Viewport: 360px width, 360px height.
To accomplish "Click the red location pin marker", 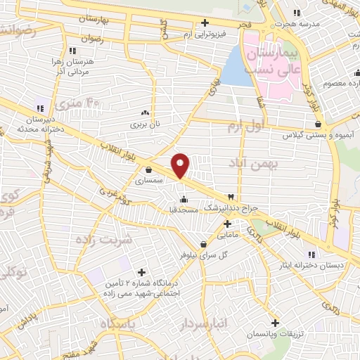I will tap(181, 165).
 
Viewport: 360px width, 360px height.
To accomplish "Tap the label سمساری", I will tap(149, 181).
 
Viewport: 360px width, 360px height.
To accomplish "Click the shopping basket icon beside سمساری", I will tap(148, 169).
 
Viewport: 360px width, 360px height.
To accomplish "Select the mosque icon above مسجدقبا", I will tap(184, 197).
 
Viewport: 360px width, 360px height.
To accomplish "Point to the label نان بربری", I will tap(144, 124).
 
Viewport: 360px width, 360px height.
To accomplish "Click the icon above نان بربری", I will tap(145, 112).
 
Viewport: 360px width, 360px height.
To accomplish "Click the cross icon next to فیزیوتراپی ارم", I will tap(205, 22).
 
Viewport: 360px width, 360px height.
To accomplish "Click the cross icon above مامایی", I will tap(226, 225).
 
